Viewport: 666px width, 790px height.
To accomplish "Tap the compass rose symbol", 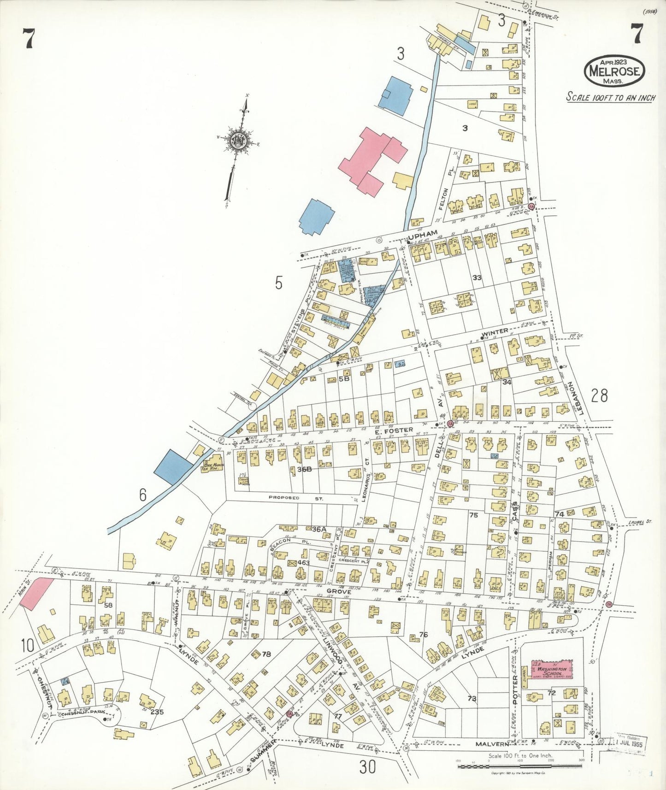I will [x=238, y=140].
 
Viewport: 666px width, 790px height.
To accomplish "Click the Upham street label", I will [x=421, y=234].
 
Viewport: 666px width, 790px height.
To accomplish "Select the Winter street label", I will [x=495, y=331].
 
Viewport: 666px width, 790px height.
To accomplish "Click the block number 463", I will [x=303, y=563].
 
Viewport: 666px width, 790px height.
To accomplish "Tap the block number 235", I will [x=157, y=712].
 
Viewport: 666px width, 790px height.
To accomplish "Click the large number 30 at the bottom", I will [x=368, y=767].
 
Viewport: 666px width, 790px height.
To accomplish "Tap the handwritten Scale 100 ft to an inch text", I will [x=610, y=97].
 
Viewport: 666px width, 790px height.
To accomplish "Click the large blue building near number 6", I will [x=173, y=466].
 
